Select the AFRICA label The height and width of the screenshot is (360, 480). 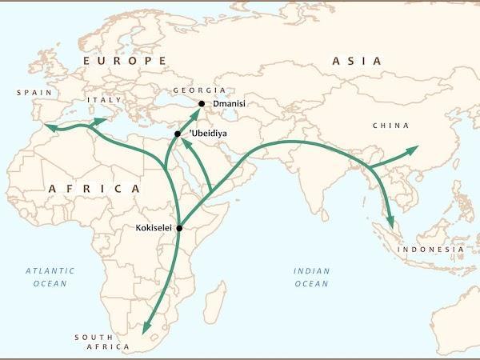click(94, 188)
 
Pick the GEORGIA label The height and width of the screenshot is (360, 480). click(203, 91)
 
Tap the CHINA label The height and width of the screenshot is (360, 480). click(390, 126)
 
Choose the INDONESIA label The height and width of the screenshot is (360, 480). click(431, 250)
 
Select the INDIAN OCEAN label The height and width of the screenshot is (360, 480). click(311, 277)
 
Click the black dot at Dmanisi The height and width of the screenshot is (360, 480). click(202, 104)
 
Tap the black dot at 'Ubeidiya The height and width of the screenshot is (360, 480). click(177, 134)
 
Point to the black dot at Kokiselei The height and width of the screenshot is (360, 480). click(179, 228)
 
